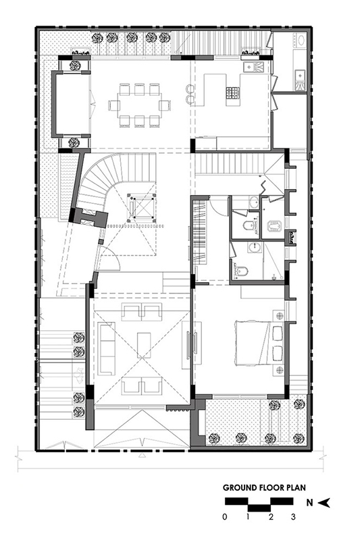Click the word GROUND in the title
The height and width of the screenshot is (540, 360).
click(x=240, y=487)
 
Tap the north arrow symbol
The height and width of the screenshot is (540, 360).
click(x=324, y=503)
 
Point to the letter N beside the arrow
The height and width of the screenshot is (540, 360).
click(x=310, y=503)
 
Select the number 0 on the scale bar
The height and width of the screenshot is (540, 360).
click(x=225, y=516)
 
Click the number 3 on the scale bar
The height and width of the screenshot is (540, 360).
click(x=293, y=516)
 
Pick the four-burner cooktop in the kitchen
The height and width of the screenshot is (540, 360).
click(x=232, y=92)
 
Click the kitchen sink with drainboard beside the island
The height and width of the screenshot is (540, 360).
click(x=253, y=66)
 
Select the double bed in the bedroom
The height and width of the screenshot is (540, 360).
click(x=259, y=343)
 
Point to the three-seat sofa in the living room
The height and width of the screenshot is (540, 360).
click(x=106, y=348)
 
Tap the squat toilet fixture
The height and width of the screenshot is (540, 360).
click(x=274, y=225)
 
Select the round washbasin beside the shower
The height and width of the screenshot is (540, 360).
click(x=255, y=246)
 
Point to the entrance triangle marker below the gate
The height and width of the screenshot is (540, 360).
click(x=141, y=456)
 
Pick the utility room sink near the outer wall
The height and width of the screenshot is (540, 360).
click(x=300, y=79)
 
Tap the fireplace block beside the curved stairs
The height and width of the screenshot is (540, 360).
click(x=89, y=217)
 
